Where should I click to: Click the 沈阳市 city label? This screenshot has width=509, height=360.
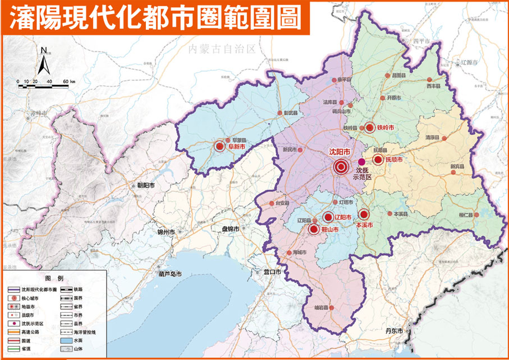click(340, 152)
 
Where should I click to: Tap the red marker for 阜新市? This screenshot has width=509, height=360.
click(219, 147)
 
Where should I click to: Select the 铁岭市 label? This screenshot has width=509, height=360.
click(386, 127)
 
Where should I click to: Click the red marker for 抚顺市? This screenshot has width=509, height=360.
click(377, 160)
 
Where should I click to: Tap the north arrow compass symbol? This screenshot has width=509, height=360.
click(44, 62)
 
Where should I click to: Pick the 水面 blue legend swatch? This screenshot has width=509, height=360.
click(66, 340)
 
